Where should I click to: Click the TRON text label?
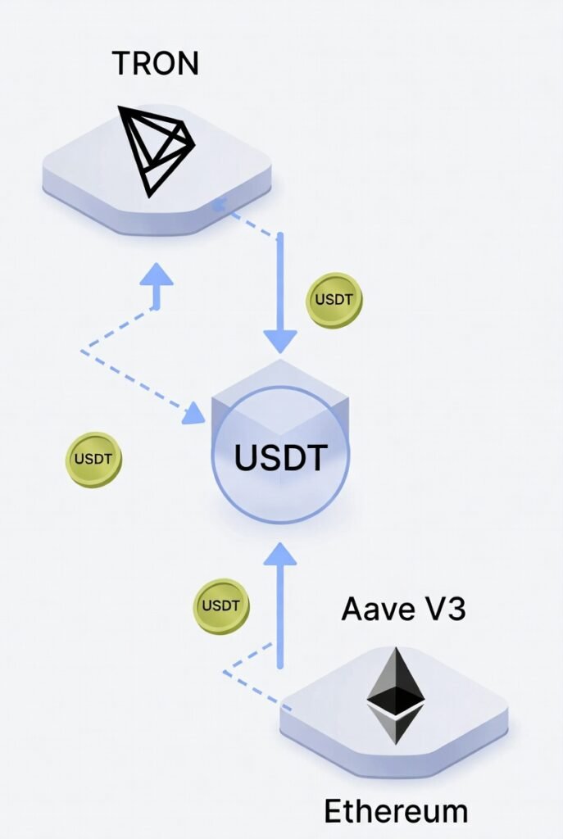click(x=154, y=62)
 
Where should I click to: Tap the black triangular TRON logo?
click(x=156, y=147)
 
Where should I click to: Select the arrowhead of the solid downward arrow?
click(x=280, y=338)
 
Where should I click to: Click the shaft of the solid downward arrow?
click(x=280, y=279)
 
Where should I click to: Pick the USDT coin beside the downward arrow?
click(x=334, y=301)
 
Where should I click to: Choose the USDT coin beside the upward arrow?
click(x=221, y=607)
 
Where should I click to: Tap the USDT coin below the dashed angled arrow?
click(x=93, y=460)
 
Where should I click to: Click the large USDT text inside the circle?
click(x=281, y=457)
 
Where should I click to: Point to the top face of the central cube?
click(x=281, y=385)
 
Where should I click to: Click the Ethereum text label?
click(x=396, y=811)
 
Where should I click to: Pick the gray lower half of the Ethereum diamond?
click(x=395, y=725)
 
